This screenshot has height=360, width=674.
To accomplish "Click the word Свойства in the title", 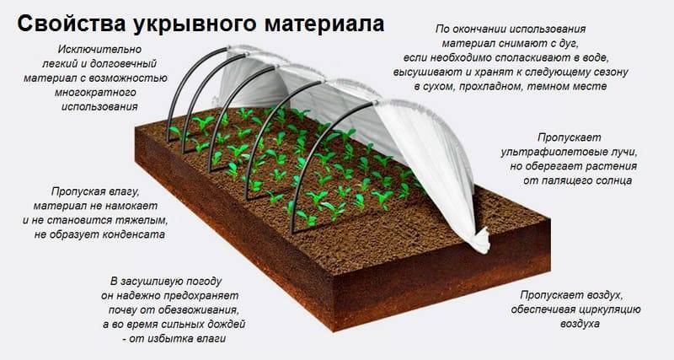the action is point(72,24).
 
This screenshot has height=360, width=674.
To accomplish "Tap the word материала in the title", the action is point(324,24).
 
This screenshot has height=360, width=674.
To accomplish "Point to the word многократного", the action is point(95,93).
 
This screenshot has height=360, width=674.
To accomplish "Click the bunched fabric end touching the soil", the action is point(479,240).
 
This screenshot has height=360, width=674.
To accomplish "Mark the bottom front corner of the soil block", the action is point(334,331).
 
